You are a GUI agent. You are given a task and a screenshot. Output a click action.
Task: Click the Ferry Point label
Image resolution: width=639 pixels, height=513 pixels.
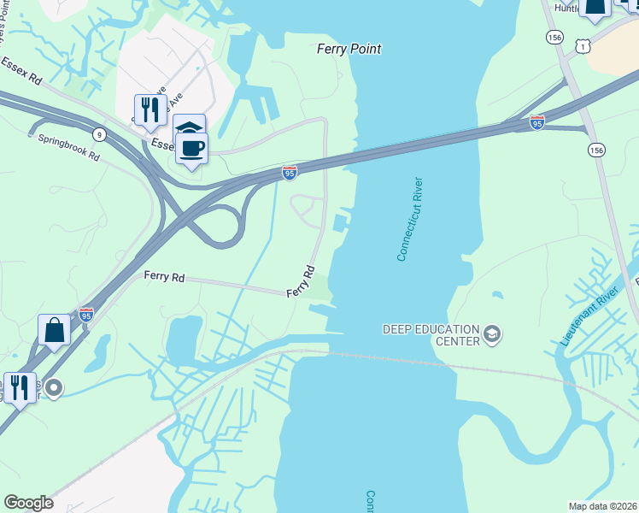(349, 50)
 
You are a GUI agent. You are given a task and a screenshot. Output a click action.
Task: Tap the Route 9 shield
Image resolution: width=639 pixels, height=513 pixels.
(99, 134)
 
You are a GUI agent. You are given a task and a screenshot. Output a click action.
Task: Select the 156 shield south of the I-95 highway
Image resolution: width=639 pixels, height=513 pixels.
(595, 150)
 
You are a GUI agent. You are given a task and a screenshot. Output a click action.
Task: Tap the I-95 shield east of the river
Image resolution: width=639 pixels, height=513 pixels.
(536, 122)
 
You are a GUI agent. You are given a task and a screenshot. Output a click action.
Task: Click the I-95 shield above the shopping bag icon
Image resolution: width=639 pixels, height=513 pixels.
(85, 315)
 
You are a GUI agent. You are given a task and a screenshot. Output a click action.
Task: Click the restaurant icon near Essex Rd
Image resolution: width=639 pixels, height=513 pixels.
(150, 110)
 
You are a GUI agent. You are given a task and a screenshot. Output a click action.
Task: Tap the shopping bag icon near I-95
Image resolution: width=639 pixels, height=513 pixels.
(54, 330)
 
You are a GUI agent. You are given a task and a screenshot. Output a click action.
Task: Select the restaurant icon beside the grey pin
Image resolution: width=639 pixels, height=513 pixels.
(20, 387)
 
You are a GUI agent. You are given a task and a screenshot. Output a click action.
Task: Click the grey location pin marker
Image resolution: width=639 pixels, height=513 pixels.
(54, 388)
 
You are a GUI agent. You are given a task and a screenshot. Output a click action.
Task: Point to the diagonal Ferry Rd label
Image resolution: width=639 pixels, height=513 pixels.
(302, 281)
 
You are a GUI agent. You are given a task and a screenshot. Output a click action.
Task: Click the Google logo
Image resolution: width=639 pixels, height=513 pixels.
(28, 503)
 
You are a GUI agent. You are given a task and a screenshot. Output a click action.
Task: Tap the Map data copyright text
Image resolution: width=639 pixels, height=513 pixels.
(602, 506)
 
